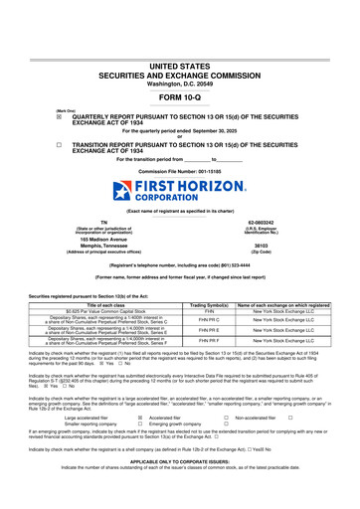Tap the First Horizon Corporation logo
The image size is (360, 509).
[179, 189]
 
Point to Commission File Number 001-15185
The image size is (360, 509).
[179, 170]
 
